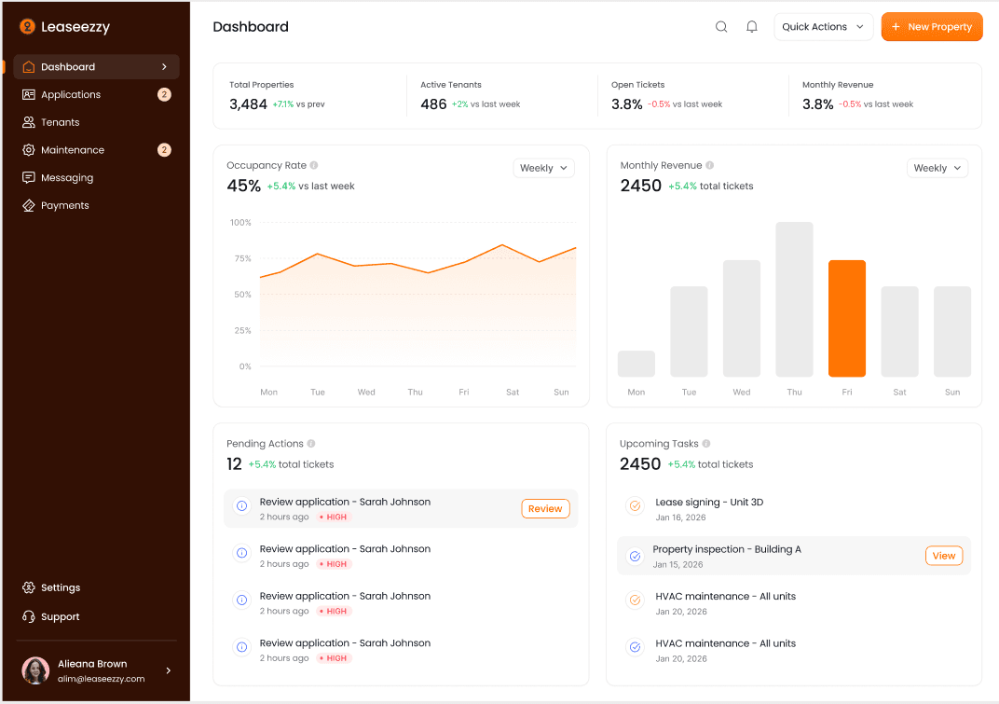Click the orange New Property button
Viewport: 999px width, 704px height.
[932, 27]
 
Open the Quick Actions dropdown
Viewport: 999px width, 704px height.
[823, 27]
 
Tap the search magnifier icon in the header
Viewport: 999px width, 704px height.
[721, 27]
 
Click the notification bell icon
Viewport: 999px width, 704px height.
[752, 27]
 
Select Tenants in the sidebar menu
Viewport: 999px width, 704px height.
[60, 122]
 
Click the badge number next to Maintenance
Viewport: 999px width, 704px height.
[164, 150]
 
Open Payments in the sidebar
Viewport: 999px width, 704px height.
[64, 205]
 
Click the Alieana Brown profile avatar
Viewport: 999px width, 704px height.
[35, 670]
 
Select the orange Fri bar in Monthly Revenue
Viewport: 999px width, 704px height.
[846, 318]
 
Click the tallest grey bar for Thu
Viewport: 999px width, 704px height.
[794, 298]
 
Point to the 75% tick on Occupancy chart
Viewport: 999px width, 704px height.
[241, 258]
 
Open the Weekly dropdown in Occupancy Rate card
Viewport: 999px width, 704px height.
[543, 168]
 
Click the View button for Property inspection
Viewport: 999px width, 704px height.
[943, 556]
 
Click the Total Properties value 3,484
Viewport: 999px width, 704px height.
[248, 104]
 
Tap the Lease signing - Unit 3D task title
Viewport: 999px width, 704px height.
[708, 502]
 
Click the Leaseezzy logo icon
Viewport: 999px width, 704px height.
[27, 27]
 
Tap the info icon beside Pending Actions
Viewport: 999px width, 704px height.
[311, 444]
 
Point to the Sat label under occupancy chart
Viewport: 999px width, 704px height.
[513, 392]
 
